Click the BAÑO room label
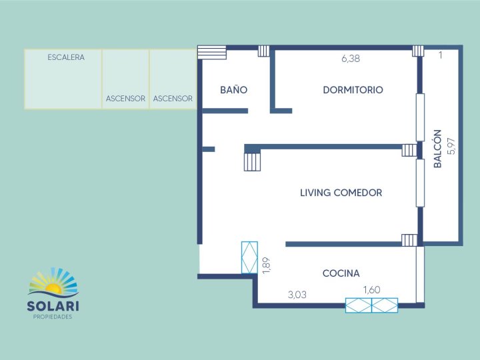click(234, 90)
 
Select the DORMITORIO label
click(353, 90)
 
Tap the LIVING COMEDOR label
click(341, 193)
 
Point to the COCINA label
click(341, 273)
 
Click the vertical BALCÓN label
click(438, 147)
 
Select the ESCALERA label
click(66, 57)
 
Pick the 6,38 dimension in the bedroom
click(351, 59)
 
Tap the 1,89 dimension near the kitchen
click(266, 265)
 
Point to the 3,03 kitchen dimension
click(297, 294)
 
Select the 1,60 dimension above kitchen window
click(372, 289)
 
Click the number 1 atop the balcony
click(441, 55)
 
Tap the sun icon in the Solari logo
click(53, 287)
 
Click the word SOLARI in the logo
click(53, 307)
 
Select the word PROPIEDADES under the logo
click(53, 317)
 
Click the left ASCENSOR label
click(125, 99)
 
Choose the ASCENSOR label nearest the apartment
click(173, 99)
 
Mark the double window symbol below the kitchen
click(371, 305)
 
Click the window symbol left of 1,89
click(249, 257)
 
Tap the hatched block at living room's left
click(252, 161)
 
